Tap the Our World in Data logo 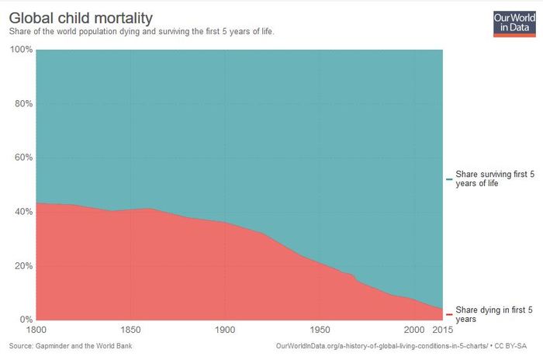[514, 23]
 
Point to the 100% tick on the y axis [21, 50]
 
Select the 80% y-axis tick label [22, 104]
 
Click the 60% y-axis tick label [22, 157]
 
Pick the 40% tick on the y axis [22, 212]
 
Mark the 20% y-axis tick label [22, 265]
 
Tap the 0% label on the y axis [25, 320]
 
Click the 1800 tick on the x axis [36, 331]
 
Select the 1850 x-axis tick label [130, 331]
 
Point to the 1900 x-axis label [224, 331]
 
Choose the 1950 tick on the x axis [319, 331]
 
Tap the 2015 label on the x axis [443, 331]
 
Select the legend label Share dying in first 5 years [493, 313]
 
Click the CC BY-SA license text [513, 345]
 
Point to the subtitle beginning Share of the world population [140, 32]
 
